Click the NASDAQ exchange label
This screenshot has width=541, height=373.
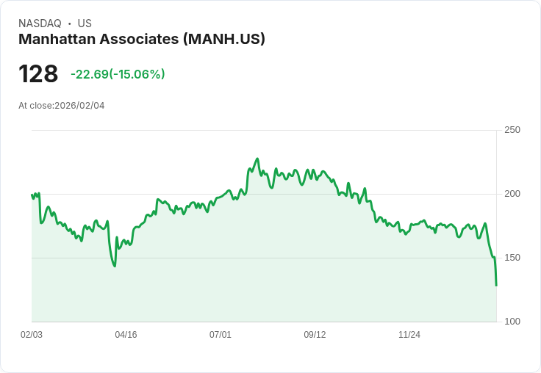40,23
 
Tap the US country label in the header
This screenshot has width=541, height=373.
85,23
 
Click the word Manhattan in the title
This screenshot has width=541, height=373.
60,39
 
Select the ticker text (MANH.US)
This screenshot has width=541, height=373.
224,39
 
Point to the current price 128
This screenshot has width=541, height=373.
38,74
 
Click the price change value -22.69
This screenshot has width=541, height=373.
89,74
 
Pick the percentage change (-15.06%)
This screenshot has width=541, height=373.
137,74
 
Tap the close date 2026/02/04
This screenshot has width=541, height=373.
79,106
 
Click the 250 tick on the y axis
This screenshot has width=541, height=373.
512,130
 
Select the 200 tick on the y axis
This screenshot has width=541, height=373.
512,194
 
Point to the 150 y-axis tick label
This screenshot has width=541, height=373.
512,258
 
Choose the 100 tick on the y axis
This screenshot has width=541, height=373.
512,322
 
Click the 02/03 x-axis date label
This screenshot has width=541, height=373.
32,335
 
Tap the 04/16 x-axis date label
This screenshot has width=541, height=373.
126,335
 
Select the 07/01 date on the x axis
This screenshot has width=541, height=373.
221,335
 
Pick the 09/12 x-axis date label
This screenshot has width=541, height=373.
315,335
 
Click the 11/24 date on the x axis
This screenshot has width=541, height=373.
409,335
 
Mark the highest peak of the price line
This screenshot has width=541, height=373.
257,159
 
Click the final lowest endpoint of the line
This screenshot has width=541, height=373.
496,285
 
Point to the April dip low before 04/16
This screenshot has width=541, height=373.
115,266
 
